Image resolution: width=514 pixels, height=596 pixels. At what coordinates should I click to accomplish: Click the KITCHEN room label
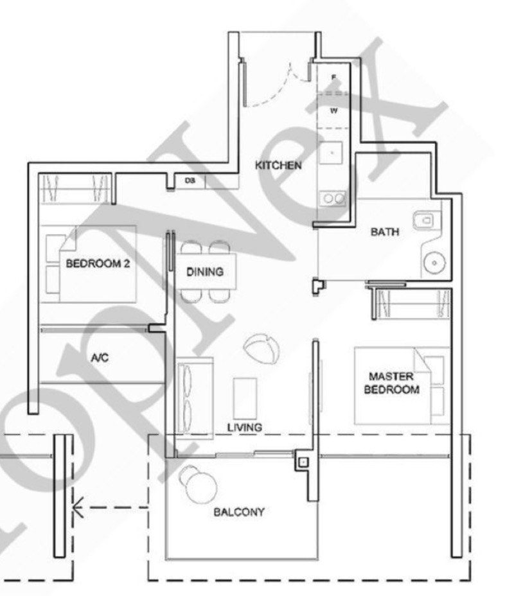278,166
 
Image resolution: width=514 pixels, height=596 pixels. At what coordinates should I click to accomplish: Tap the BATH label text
385,232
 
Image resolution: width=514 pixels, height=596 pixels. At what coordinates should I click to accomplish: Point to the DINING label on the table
205,272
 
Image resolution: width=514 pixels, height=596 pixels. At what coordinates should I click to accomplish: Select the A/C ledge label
100,358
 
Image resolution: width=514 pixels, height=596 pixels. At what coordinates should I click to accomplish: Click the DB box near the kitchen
190,182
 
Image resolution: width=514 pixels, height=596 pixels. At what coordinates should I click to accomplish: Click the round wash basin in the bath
434,262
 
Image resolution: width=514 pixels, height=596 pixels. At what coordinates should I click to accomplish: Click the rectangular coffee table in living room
245,398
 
